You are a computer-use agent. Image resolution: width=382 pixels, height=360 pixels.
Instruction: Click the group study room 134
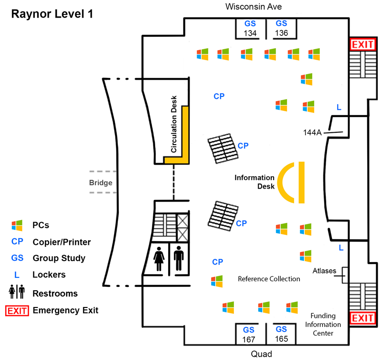(x=250, y=28)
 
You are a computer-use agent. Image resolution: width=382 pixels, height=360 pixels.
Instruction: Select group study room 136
(x=281, y=28)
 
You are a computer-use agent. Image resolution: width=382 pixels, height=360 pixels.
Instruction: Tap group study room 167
(x=248, y=335)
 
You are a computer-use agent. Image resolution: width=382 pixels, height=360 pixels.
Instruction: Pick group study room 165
(x=281, y=334)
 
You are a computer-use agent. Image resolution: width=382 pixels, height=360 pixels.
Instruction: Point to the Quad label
(x=262, y=354)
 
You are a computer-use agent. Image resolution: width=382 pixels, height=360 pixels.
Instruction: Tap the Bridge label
(x=101, y=182)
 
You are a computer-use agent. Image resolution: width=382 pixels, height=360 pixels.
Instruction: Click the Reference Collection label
(x=269, y=279)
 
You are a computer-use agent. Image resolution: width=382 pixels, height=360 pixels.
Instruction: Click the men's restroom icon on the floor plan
(x=179, y=259)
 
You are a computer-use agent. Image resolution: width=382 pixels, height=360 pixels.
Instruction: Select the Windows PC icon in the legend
(x=17, y=225)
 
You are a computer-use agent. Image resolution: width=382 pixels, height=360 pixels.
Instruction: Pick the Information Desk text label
(x=255, y=182)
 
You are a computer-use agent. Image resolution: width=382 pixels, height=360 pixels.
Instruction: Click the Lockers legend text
(x=49, y=275)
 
